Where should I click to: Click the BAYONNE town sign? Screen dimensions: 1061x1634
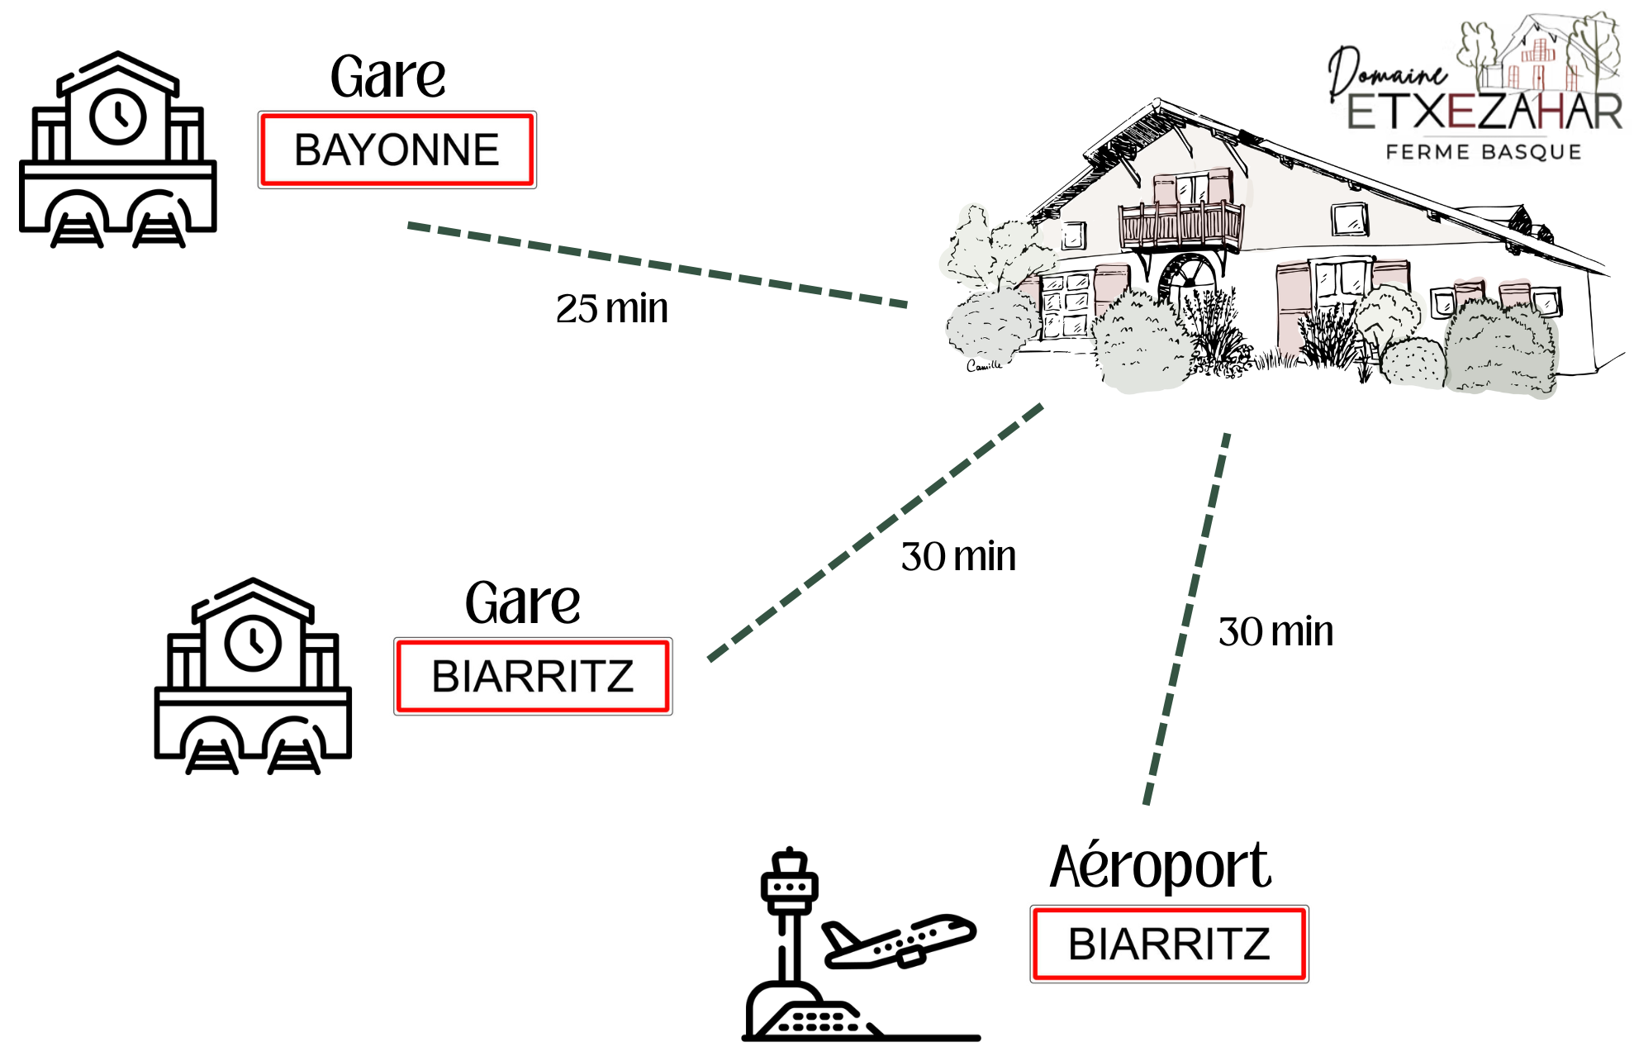397,150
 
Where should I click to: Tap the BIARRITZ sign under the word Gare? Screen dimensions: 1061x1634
533,676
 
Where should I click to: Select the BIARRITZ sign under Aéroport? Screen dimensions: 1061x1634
1169,944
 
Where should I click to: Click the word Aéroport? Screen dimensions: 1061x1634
1160,867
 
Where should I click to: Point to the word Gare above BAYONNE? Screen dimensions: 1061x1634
387,77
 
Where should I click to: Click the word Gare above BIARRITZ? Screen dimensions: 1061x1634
522,603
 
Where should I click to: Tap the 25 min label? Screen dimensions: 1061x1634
611,309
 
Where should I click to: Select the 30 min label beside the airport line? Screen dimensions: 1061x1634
1275,632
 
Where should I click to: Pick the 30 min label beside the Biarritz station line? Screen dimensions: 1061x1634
958,557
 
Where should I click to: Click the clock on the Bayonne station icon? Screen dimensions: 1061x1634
118,117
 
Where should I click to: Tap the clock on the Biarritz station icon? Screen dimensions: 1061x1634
254,643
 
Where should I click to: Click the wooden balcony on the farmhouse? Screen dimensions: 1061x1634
1180,223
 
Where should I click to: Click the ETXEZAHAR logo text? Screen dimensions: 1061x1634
1484,112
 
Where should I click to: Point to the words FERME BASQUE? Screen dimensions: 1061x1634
1484,152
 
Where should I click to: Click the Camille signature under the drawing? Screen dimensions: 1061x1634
984,365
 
